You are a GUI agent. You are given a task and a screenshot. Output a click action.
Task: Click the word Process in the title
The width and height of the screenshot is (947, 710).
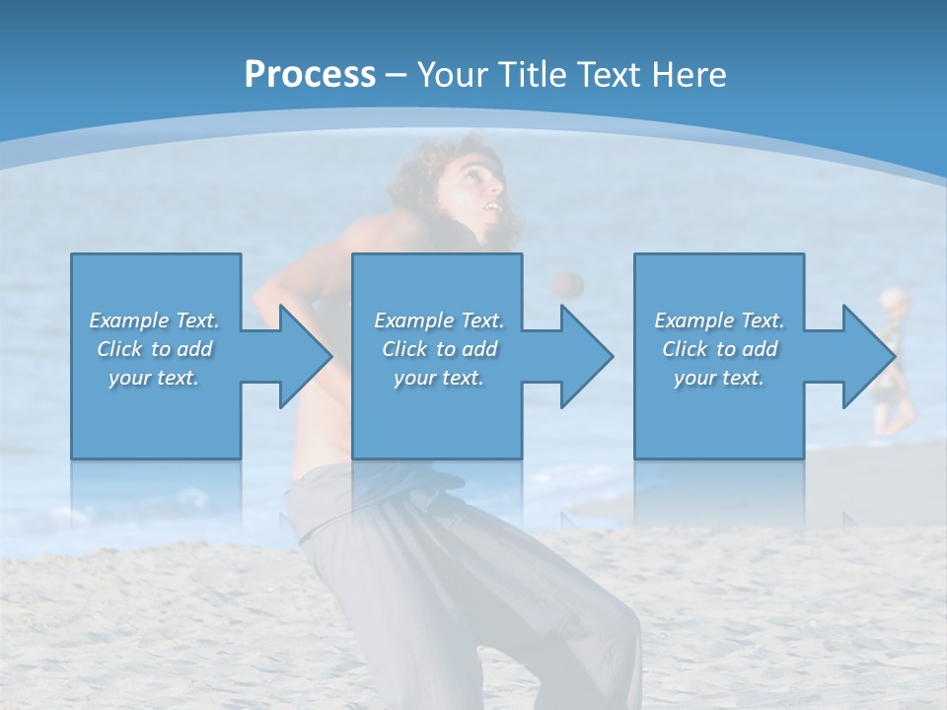point(310,75)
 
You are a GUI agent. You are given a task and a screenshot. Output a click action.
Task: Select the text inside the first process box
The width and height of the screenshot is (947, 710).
point(154,349)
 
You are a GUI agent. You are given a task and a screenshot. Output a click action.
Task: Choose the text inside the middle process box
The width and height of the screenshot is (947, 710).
point(438,349)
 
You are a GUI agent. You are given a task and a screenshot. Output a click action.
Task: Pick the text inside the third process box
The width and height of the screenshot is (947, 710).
point(718,349)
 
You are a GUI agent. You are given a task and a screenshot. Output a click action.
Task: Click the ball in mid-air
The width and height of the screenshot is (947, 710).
point(567,284)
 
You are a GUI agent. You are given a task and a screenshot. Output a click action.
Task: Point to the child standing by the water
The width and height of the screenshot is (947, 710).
point(892,360)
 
